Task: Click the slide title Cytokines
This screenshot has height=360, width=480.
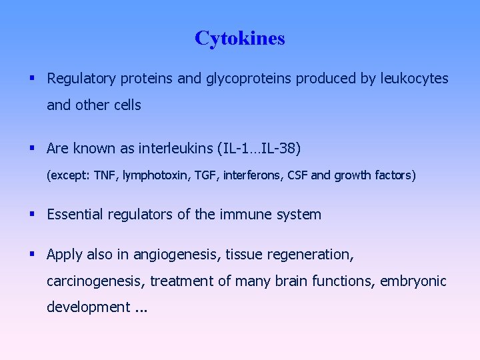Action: point(240,39)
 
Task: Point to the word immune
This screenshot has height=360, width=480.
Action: point(250,215)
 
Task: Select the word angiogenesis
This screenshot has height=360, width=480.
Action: point(176,255)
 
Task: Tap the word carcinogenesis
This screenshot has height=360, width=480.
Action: point(94,281)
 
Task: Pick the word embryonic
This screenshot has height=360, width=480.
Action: point(413,281)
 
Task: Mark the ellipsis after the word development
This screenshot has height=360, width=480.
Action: point(140,309)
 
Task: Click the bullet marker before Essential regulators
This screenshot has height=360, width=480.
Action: point(33,214)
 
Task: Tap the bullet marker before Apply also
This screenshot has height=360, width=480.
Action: point(33,254)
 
